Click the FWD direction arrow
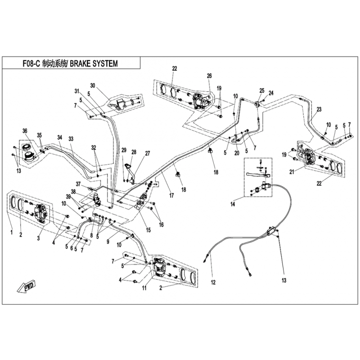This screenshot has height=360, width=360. click(x=26, y=286)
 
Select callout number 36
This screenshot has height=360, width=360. click(x=25, y=131)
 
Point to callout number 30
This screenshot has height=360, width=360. click(x=93, y=85)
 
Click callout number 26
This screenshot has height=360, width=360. click(x=209, y=76)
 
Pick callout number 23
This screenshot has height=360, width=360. click(x=319, y=109)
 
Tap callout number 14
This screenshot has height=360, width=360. click(x=233, y=204)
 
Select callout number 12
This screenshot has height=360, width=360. click(x=213, y=282)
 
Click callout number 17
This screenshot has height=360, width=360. click(x=171, y=195)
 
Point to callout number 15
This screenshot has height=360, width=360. click(x=148, y=230)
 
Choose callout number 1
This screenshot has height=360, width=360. click(x=12, y=233)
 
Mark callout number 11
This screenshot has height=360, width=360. click(x=144, y=288)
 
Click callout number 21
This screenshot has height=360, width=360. click(x=292, y=172)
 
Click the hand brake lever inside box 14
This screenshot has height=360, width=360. click(x=258, y=175)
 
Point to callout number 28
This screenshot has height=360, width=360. click(x=134, y=152)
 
